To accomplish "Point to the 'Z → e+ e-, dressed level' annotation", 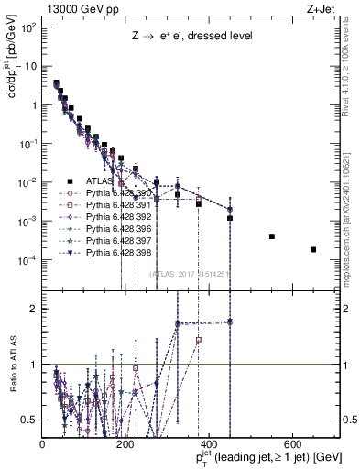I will point(190,37).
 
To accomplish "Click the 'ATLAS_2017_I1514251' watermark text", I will point(191,274).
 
